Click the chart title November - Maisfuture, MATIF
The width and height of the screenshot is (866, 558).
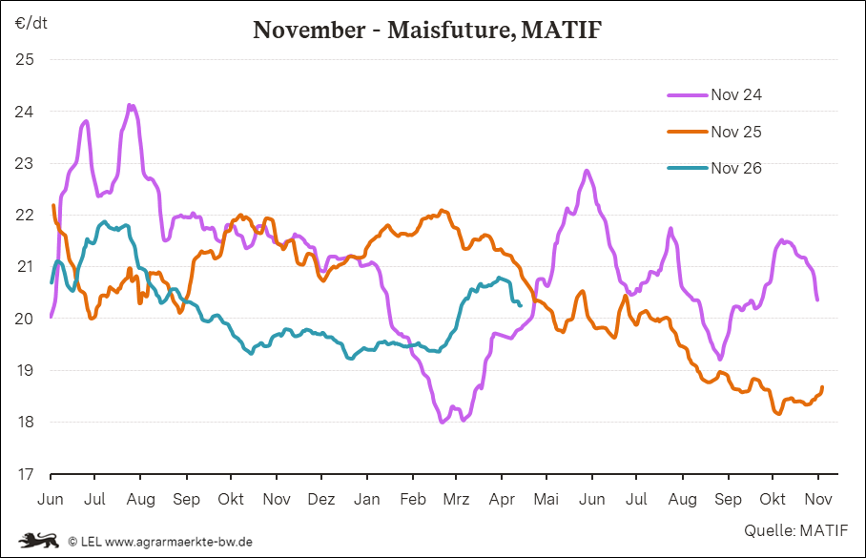click(x=427, y=31)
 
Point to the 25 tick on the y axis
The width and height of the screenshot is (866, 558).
click(x=26, y=60)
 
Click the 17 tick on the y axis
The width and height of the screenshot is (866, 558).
click(x=26, y=474)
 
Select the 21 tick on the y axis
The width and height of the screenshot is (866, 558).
click(x=26, y=267)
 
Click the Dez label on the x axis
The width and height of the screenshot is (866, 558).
click(x=321, y=499)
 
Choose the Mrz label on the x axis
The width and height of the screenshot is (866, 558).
click(x=457, y=499)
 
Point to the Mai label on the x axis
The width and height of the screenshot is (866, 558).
click(x=546, y=499)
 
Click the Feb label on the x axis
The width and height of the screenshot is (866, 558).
click(x=412, y=499)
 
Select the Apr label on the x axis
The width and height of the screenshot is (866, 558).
click(x=502, y=499)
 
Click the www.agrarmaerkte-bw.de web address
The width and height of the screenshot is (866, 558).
click(x=178, y=541)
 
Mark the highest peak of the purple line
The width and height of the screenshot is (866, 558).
click(x=130, y=105)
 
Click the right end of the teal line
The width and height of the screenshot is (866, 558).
click(x=520, y=305)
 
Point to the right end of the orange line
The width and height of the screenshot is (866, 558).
click(x=822, y=386)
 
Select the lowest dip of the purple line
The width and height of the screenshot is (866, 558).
click(x=443, y=422)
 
